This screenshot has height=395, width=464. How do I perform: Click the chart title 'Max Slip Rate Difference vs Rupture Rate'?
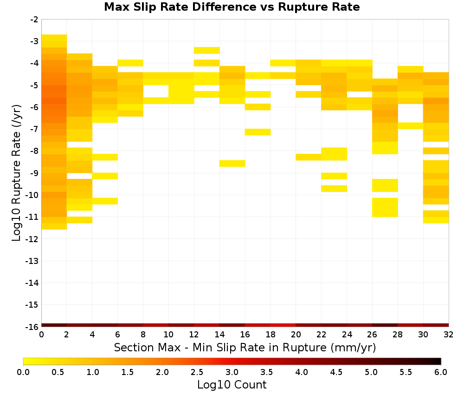(232, 7)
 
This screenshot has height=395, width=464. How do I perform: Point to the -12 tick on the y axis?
(32, 239)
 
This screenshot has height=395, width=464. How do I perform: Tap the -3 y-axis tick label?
(34, 41)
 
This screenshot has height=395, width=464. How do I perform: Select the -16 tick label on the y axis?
(32, 327)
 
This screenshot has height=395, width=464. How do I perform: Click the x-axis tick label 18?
(270, 335)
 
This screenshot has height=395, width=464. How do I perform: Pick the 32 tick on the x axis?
(449, 335)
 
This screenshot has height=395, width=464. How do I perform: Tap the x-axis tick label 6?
(117, 335)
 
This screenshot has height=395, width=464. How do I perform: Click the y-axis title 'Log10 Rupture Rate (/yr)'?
(17, 173)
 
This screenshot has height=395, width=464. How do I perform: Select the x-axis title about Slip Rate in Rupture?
(245, 348)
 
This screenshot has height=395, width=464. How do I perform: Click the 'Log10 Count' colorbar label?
(232, 385)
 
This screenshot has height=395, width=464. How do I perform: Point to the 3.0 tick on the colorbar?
(232, 372)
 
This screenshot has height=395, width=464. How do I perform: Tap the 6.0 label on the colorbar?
(441, 372)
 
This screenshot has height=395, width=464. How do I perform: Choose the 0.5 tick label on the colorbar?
(58, 372)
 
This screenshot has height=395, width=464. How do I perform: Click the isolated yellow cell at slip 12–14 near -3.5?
(207, 50)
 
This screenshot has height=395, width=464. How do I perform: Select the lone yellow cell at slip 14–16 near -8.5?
(232, 163)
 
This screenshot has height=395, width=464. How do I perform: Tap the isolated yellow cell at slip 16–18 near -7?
(258, 132)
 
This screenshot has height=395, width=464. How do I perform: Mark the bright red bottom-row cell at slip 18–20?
(283, 325)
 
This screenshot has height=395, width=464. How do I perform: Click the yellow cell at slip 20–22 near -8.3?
(309, 157)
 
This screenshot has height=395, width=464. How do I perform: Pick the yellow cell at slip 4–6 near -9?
(105, 176)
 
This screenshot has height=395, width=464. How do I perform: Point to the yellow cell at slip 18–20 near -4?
(283, 63)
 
